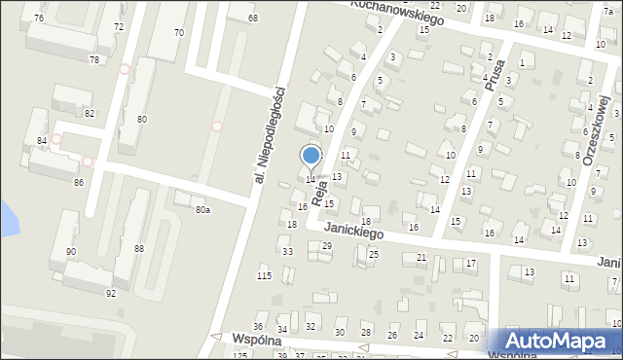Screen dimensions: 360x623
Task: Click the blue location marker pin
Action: tap(311, 156)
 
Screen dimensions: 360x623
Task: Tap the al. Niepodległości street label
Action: tap(269, 134)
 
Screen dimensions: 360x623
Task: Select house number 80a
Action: tap(202, 209)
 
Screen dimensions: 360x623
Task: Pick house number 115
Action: tap(264, 276)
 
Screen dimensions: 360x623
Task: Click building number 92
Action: tap(111, 293)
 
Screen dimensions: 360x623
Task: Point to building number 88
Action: tap(139, 249)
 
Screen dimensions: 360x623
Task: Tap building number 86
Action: tap(78, 183)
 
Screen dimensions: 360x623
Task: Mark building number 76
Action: tap(38, 18)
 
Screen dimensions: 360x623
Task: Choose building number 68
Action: tap(253, 18)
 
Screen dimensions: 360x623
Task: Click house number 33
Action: tap(287, 252)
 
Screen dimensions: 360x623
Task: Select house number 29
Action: tap(326, 246)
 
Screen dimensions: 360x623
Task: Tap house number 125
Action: tap(240, 355)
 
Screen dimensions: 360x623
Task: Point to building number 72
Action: tap(119, 26)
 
